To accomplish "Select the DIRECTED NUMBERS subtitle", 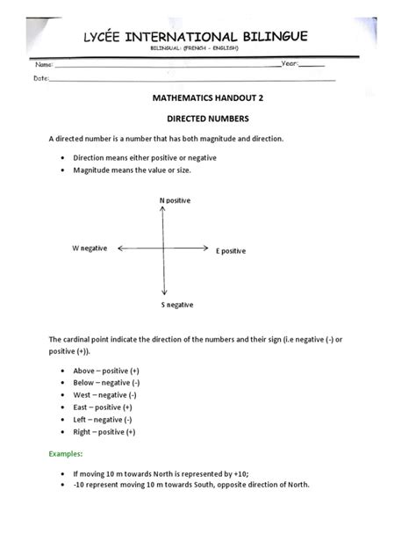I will click(x=209, y=118).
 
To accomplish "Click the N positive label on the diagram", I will click(x=175, y=201).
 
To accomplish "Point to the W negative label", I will click(x=90, y=249).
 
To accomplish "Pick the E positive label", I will click(x=231, y=250).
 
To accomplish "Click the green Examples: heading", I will click(x=66, y=454).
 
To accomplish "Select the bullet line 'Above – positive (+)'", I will click(x=103, y=370).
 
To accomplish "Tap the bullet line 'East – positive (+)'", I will click(x=102, y=407).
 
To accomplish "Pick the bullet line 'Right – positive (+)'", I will click(x=104, y=432).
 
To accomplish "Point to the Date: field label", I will click(x=40, y=78).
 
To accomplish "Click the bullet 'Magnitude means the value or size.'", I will click(x=132, y=169).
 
